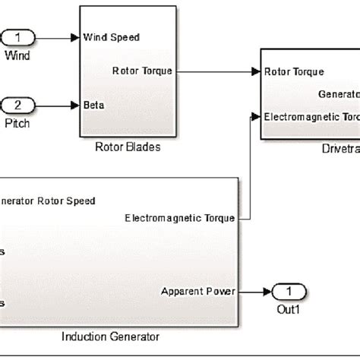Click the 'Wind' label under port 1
tap(15, 55)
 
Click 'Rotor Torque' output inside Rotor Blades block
tap(142, 71)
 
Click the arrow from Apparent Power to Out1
tap(254, 291)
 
